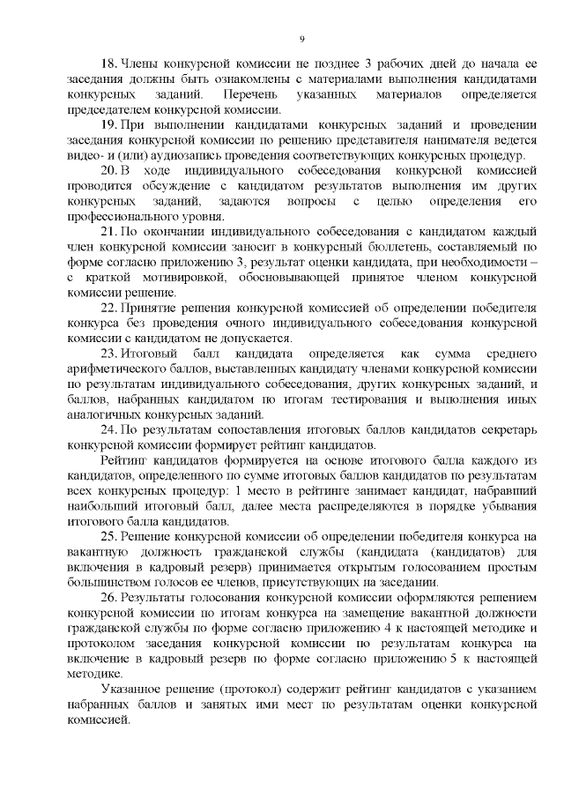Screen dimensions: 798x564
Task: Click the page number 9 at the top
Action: click(x=301, y=39)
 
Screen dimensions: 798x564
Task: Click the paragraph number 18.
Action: click(x=109, y=64)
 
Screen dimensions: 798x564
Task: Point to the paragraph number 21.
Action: click(x=109, y=231)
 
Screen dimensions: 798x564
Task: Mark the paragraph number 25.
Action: click(x=109, y=535)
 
